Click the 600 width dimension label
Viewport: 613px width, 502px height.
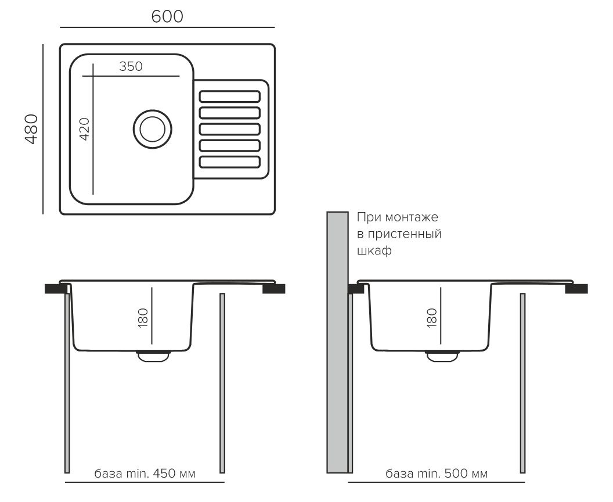(167, 16)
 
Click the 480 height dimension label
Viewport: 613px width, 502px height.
(31, 129)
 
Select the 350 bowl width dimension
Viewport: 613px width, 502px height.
(131, 66)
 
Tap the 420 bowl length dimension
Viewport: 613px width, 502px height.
(84, 129)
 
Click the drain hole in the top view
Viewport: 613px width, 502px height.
(152, 129)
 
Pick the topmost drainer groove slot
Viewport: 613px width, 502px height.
(229, 96)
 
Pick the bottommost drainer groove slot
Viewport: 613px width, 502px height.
(229, 162)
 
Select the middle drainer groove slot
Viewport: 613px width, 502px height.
(229, 129)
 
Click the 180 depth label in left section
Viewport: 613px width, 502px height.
(143, 318)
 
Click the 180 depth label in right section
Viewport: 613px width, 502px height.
(432, 318)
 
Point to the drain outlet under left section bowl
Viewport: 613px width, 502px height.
(153, 356)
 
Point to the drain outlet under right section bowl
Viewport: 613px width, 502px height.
(442, 356)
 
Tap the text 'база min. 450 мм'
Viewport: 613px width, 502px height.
(145, 474)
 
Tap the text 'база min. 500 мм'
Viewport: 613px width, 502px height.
(437, 474)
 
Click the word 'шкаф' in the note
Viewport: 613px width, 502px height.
(374, 250)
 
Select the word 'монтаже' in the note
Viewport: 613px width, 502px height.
(412, 217)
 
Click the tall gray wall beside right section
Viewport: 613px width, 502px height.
(337, 342)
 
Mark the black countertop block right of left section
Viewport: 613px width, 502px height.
(273, 289)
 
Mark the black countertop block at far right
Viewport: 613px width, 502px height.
(576, 289)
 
